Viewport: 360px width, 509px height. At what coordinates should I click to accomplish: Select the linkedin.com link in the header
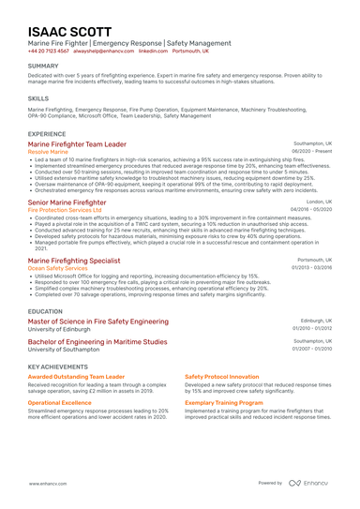[153, 52]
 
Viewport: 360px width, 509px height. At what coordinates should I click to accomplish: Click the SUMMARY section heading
[43, 66]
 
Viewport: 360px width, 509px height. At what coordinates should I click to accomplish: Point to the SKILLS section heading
[38, 97]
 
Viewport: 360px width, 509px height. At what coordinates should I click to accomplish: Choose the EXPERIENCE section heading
[47, 134]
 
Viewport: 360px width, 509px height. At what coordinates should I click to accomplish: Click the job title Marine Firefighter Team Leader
[77, 144]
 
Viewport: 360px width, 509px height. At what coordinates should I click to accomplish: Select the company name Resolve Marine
[48, 152]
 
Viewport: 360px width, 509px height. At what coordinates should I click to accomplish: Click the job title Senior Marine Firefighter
[67, 202]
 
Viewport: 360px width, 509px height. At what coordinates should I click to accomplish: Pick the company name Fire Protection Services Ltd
[65, 209]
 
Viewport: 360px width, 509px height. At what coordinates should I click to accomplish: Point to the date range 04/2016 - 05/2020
[310, 209]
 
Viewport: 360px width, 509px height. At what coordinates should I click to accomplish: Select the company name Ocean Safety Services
[58, 267]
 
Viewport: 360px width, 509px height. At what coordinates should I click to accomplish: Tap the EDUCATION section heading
[45, 310]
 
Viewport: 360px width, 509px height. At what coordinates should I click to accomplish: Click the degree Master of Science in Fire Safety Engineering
[98, 321]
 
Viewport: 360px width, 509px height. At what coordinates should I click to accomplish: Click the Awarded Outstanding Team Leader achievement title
[76, 376]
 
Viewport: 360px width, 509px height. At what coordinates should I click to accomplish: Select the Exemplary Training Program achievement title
[223, 402]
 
